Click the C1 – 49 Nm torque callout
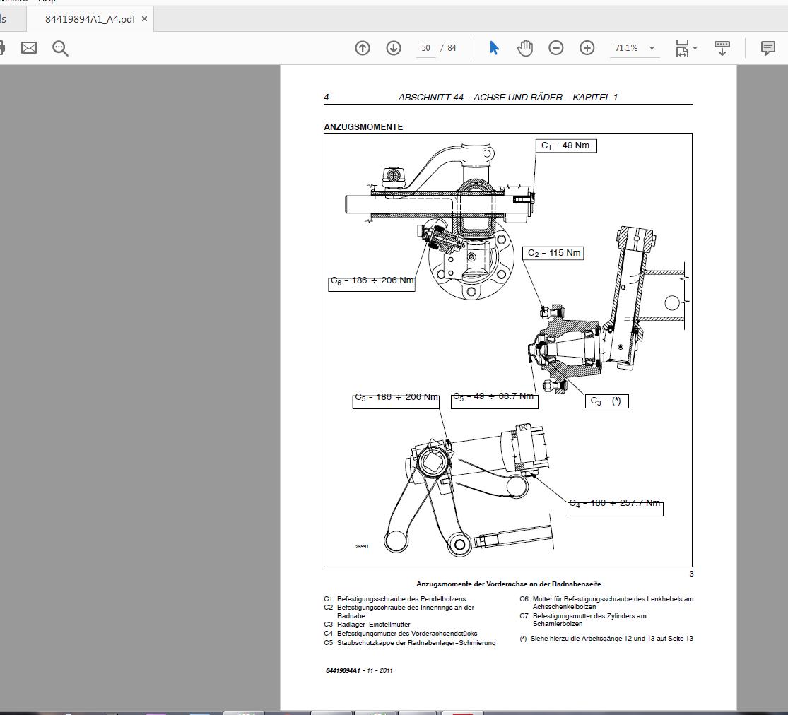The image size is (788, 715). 565,146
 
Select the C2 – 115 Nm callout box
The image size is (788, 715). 554,253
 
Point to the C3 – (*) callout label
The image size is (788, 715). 606,401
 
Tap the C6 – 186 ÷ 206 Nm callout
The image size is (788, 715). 372,281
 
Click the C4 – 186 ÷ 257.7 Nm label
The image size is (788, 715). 615,504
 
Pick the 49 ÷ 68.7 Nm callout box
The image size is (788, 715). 494,398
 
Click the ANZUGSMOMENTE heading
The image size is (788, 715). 363,127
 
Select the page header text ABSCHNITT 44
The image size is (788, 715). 507,97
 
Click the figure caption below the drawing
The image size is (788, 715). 508,584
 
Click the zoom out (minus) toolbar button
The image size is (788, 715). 556,48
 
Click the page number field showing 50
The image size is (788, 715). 425,48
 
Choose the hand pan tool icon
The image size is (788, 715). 525,48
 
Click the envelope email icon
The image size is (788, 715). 29,48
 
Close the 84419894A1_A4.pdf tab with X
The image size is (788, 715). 144,19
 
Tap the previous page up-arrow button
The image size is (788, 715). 363,48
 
